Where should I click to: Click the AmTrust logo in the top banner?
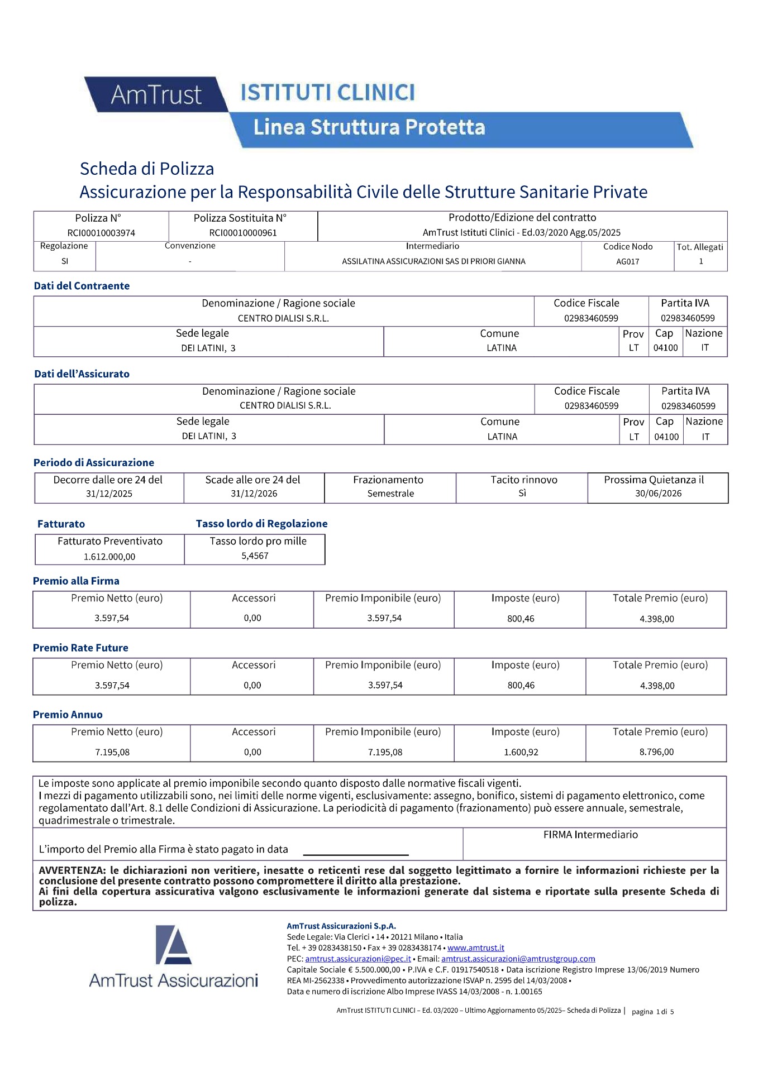point(156,95)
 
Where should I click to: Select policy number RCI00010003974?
point(101,233)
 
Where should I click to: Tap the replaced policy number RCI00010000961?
point(243,233)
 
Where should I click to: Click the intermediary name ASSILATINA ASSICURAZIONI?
point(433,261)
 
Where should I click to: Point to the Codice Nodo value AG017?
point(627,261)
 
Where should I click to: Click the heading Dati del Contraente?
point(82,286)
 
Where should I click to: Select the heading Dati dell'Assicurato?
point(82,374)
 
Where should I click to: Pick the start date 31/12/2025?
point(109,494)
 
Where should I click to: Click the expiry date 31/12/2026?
point(254,494)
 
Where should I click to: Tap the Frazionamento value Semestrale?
point(390,494)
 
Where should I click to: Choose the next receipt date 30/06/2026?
point(658,494)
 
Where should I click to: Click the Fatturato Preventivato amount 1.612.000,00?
point(109,557)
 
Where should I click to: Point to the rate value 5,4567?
point(255,556)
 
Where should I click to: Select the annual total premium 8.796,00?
point(656,752)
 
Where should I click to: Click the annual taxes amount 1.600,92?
point(521,752)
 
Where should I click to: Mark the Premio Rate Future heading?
point(80,648)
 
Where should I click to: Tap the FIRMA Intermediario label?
point(590,835)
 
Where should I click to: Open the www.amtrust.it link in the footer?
point(475,947)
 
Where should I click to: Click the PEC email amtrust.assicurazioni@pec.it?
point(358,959)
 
